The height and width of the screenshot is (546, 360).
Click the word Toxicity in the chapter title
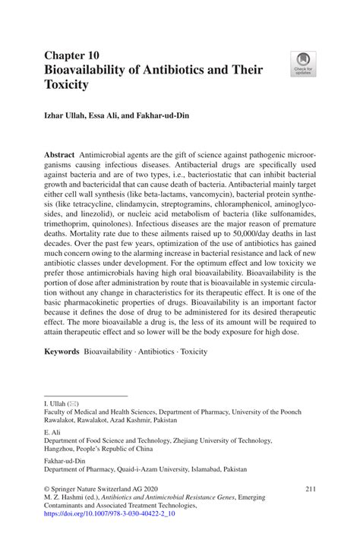pos(66,84)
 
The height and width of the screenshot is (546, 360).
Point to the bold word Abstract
pos(59,153)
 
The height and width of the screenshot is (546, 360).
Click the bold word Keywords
pos(62,352)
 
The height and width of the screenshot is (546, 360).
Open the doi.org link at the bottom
pos(109,513)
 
